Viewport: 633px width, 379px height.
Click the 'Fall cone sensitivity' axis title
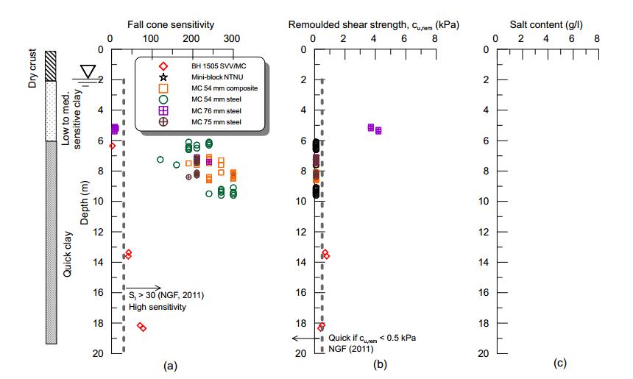pyautogui.click(x=171, y=24)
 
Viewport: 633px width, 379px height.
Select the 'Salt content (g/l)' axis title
pyautogui.click(x=547, y=24)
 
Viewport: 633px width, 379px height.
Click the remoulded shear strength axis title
pyautogui.click(x=375, y=24)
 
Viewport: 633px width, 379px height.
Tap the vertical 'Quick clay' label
pyautogui.click(x=68, y=254)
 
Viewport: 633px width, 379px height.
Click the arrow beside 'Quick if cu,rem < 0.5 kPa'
pyautogui.click(x=303, y=338)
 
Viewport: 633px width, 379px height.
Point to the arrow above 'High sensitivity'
pyautogui.click(x=144, y=287)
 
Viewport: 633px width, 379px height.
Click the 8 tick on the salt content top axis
pyautogui.click(x=596, y=38)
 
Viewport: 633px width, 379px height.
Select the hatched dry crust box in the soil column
pyautogui.click(x=51, y=65)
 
